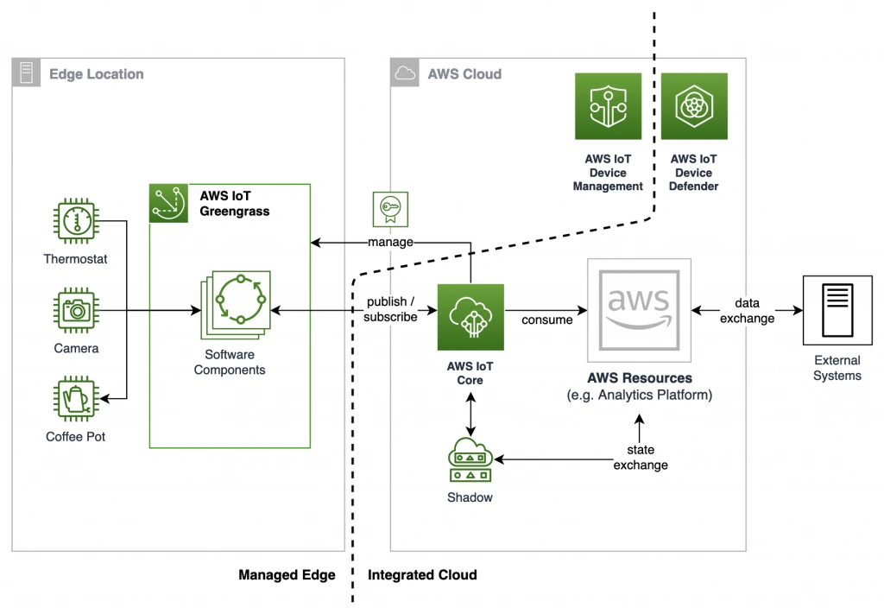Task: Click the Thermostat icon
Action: click(x=76, y=221)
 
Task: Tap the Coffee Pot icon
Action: click(x=76, y=398)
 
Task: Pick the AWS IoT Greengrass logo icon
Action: click(x=168, y=203)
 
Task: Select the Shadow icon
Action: click(x=470, y=459)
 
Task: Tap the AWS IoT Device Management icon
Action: click(x=608, y=106)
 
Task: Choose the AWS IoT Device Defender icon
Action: click(x=694, y=106)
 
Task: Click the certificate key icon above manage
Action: click(x=389, y=208)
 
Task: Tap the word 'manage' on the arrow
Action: click(x=390, y=243)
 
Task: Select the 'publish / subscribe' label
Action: click(x=390, y=309)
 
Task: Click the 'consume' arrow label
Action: click(x=546, y=320)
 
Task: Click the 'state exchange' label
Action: click(x=641, y=458)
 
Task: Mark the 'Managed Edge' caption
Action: click(x=287, y=575)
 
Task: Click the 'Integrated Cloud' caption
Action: click(x=422, y=575)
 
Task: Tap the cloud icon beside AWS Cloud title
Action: click(x=403, y=73)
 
